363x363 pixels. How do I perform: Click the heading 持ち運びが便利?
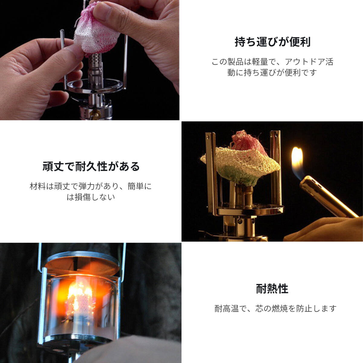tap(272, 42)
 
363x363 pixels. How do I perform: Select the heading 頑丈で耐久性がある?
tap(91, 166)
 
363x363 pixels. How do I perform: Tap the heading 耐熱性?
tap(272, 289)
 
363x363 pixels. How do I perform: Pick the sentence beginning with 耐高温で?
tap(275, 309)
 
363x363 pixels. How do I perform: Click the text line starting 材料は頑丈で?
tap(91, 186)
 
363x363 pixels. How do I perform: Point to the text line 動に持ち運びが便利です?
tap(272, 73)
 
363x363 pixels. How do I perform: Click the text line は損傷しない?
tap(91, 197)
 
